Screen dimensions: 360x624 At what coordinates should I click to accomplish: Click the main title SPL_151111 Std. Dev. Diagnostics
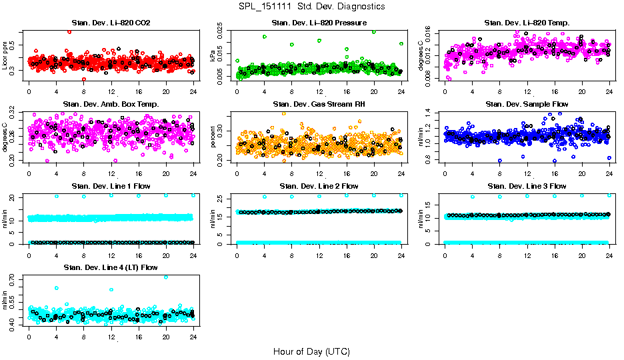[x=311, y=6]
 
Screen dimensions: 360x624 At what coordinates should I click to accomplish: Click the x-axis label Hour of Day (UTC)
[x=311, y=351]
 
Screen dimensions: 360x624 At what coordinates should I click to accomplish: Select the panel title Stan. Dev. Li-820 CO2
[x=111, y=23]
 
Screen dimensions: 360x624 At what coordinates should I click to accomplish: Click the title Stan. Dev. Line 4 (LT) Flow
[x=111, y=267]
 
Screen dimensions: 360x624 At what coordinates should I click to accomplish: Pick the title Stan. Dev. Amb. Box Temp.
[x=111, y=104]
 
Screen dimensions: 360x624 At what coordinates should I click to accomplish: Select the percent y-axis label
[x=213, y=137]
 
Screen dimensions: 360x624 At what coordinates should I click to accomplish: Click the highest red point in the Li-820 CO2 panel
[x=69, y=31]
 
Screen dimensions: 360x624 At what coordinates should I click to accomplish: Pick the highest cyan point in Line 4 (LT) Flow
[x=166, y=277]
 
